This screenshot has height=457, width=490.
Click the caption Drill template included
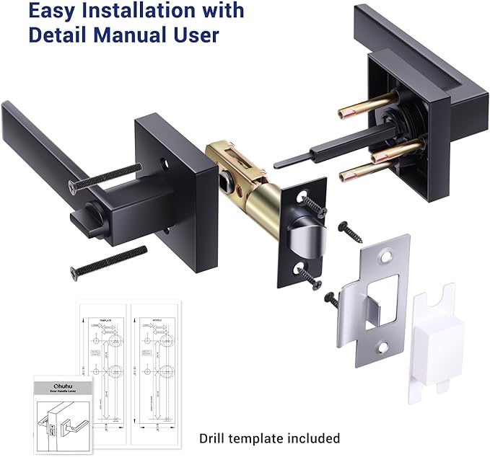tap(269, 438)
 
